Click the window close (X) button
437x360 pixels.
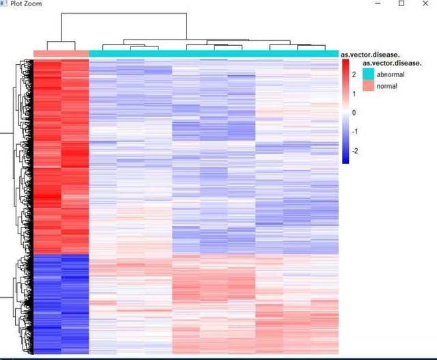[x=425, y=3]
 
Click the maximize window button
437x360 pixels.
[x=401, y=3]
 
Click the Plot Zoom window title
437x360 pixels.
[x=26, y=4]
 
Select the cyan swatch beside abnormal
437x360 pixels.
[x=369, y=74]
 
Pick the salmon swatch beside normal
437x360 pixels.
[x=369, y=86]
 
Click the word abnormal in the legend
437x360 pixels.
[x=391, y=74]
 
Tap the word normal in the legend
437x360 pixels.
[x=386, y=86]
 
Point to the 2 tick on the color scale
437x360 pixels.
[x=354, y=74]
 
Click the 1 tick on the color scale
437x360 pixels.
[x=354, y=93]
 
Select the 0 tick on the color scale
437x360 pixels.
[x=354, y=112]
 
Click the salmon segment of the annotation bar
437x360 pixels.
[x=61, y=53]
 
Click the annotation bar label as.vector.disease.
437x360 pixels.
[x=370, y=54]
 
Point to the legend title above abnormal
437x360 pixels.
[x=392, y=63]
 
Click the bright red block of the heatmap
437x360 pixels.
[x=61, y=157]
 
